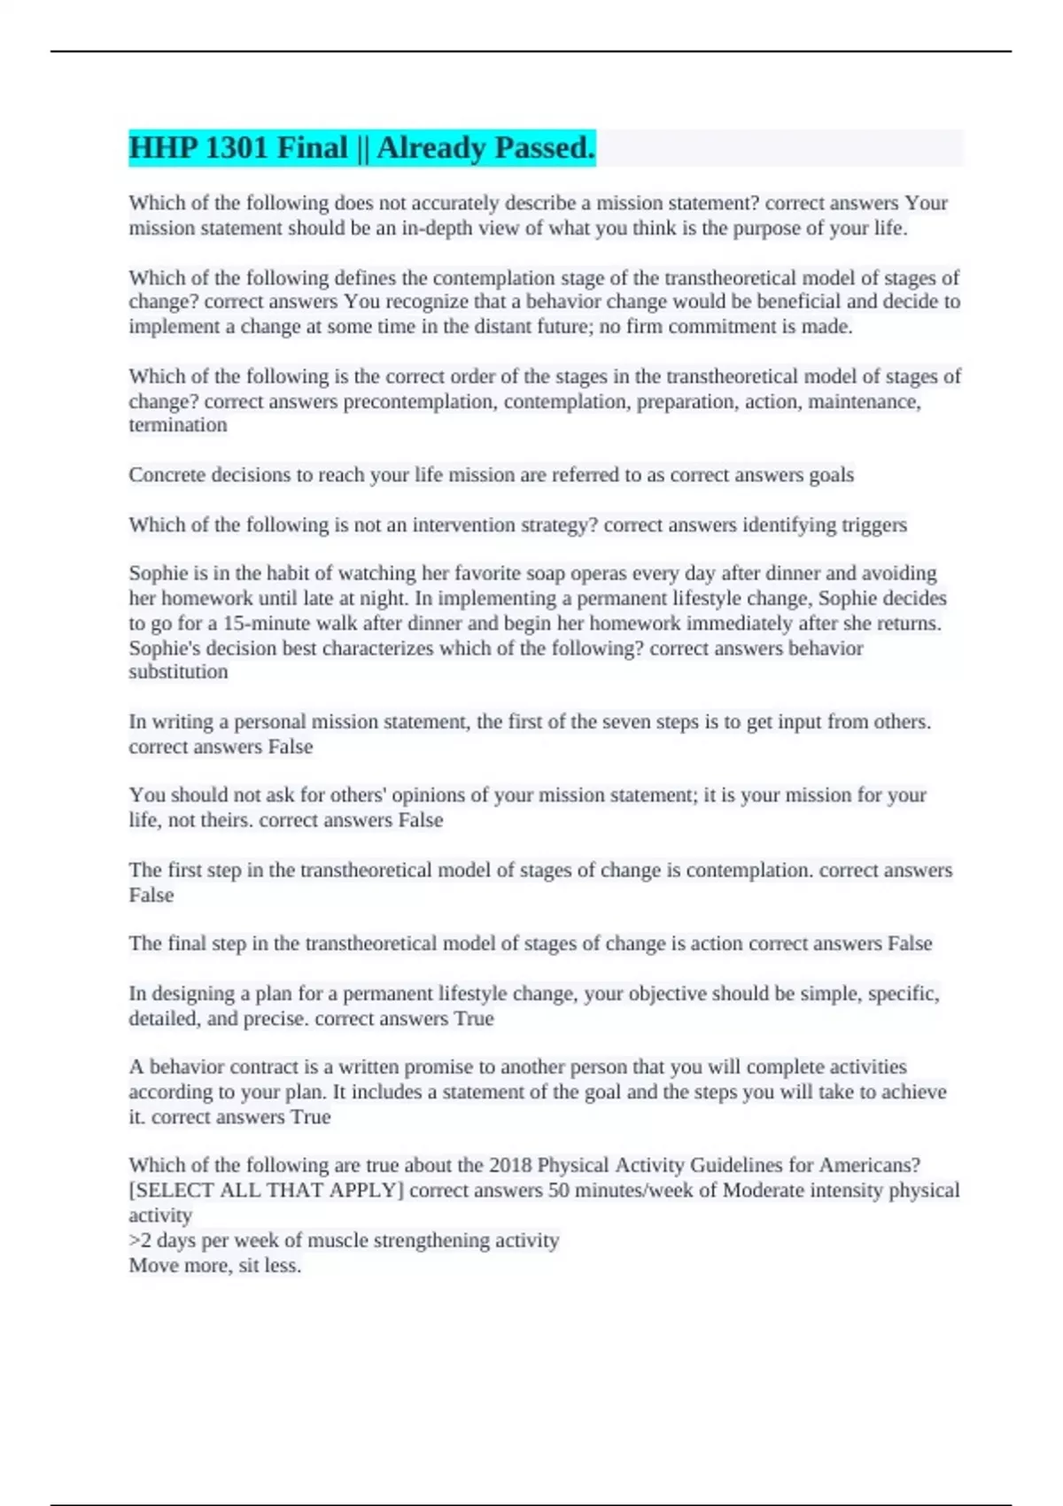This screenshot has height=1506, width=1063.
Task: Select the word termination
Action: click(178, 425)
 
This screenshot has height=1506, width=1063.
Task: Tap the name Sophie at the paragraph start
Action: click(159, 573)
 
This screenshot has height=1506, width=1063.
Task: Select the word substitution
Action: click(178, 671)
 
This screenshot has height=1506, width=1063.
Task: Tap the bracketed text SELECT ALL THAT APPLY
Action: click(266, 1190)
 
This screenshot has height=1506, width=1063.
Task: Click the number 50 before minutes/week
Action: click(558, 1190)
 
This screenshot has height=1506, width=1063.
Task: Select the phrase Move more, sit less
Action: click(215, 1265)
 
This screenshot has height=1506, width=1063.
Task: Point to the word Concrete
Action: click(169, 475)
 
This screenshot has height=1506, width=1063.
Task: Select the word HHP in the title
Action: click(162, 148)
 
